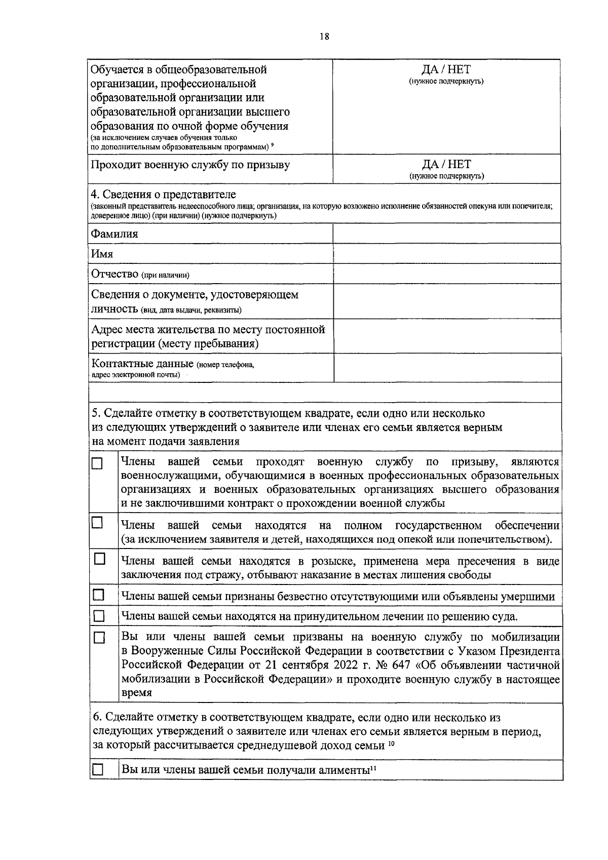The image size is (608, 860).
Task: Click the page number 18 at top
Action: pos(324,36)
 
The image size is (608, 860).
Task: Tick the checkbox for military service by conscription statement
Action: pos(97,463)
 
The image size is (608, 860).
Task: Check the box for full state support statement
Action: pos(97,523)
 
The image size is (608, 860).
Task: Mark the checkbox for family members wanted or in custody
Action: pos(99,559)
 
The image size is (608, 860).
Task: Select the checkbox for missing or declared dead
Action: pos(97,594)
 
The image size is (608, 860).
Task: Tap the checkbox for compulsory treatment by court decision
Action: pos(98,616)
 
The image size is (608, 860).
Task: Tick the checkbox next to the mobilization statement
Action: pos(99,638)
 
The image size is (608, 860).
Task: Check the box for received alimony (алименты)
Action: pos(97,770)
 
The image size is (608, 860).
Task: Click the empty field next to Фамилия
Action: pos(446,233)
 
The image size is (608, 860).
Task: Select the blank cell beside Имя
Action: pos(446,253)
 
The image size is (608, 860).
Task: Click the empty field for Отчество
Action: pos(446,273)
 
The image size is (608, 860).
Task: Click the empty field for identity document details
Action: pos(446,301)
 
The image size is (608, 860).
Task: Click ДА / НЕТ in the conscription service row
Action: pos(446,164)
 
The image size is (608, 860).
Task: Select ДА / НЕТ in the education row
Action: pos(446,69)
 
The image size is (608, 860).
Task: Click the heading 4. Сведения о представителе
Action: pos(163,194)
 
